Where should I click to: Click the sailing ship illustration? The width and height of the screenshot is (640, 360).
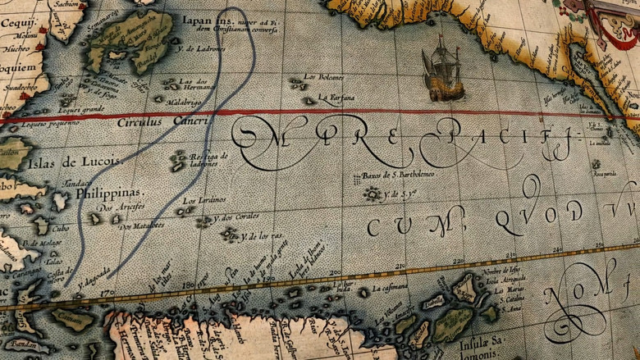(x=441, y=70)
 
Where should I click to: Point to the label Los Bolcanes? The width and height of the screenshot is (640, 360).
(x=327, y=80)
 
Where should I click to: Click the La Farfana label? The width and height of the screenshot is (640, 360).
(x=336, y=98)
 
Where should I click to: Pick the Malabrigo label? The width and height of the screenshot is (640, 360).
(x=184, y=103)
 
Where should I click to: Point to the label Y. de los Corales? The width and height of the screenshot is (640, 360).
(x=236, y=218)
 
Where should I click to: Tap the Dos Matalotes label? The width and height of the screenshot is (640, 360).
(x=141, y=225)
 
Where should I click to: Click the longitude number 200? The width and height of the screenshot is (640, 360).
(x=334, y=271)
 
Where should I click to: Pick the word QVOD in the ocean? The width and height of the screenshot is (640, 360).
(x=538, y=214)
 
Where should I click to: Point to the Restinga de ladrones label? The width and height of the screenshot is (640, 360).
(x=208, y=159)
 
